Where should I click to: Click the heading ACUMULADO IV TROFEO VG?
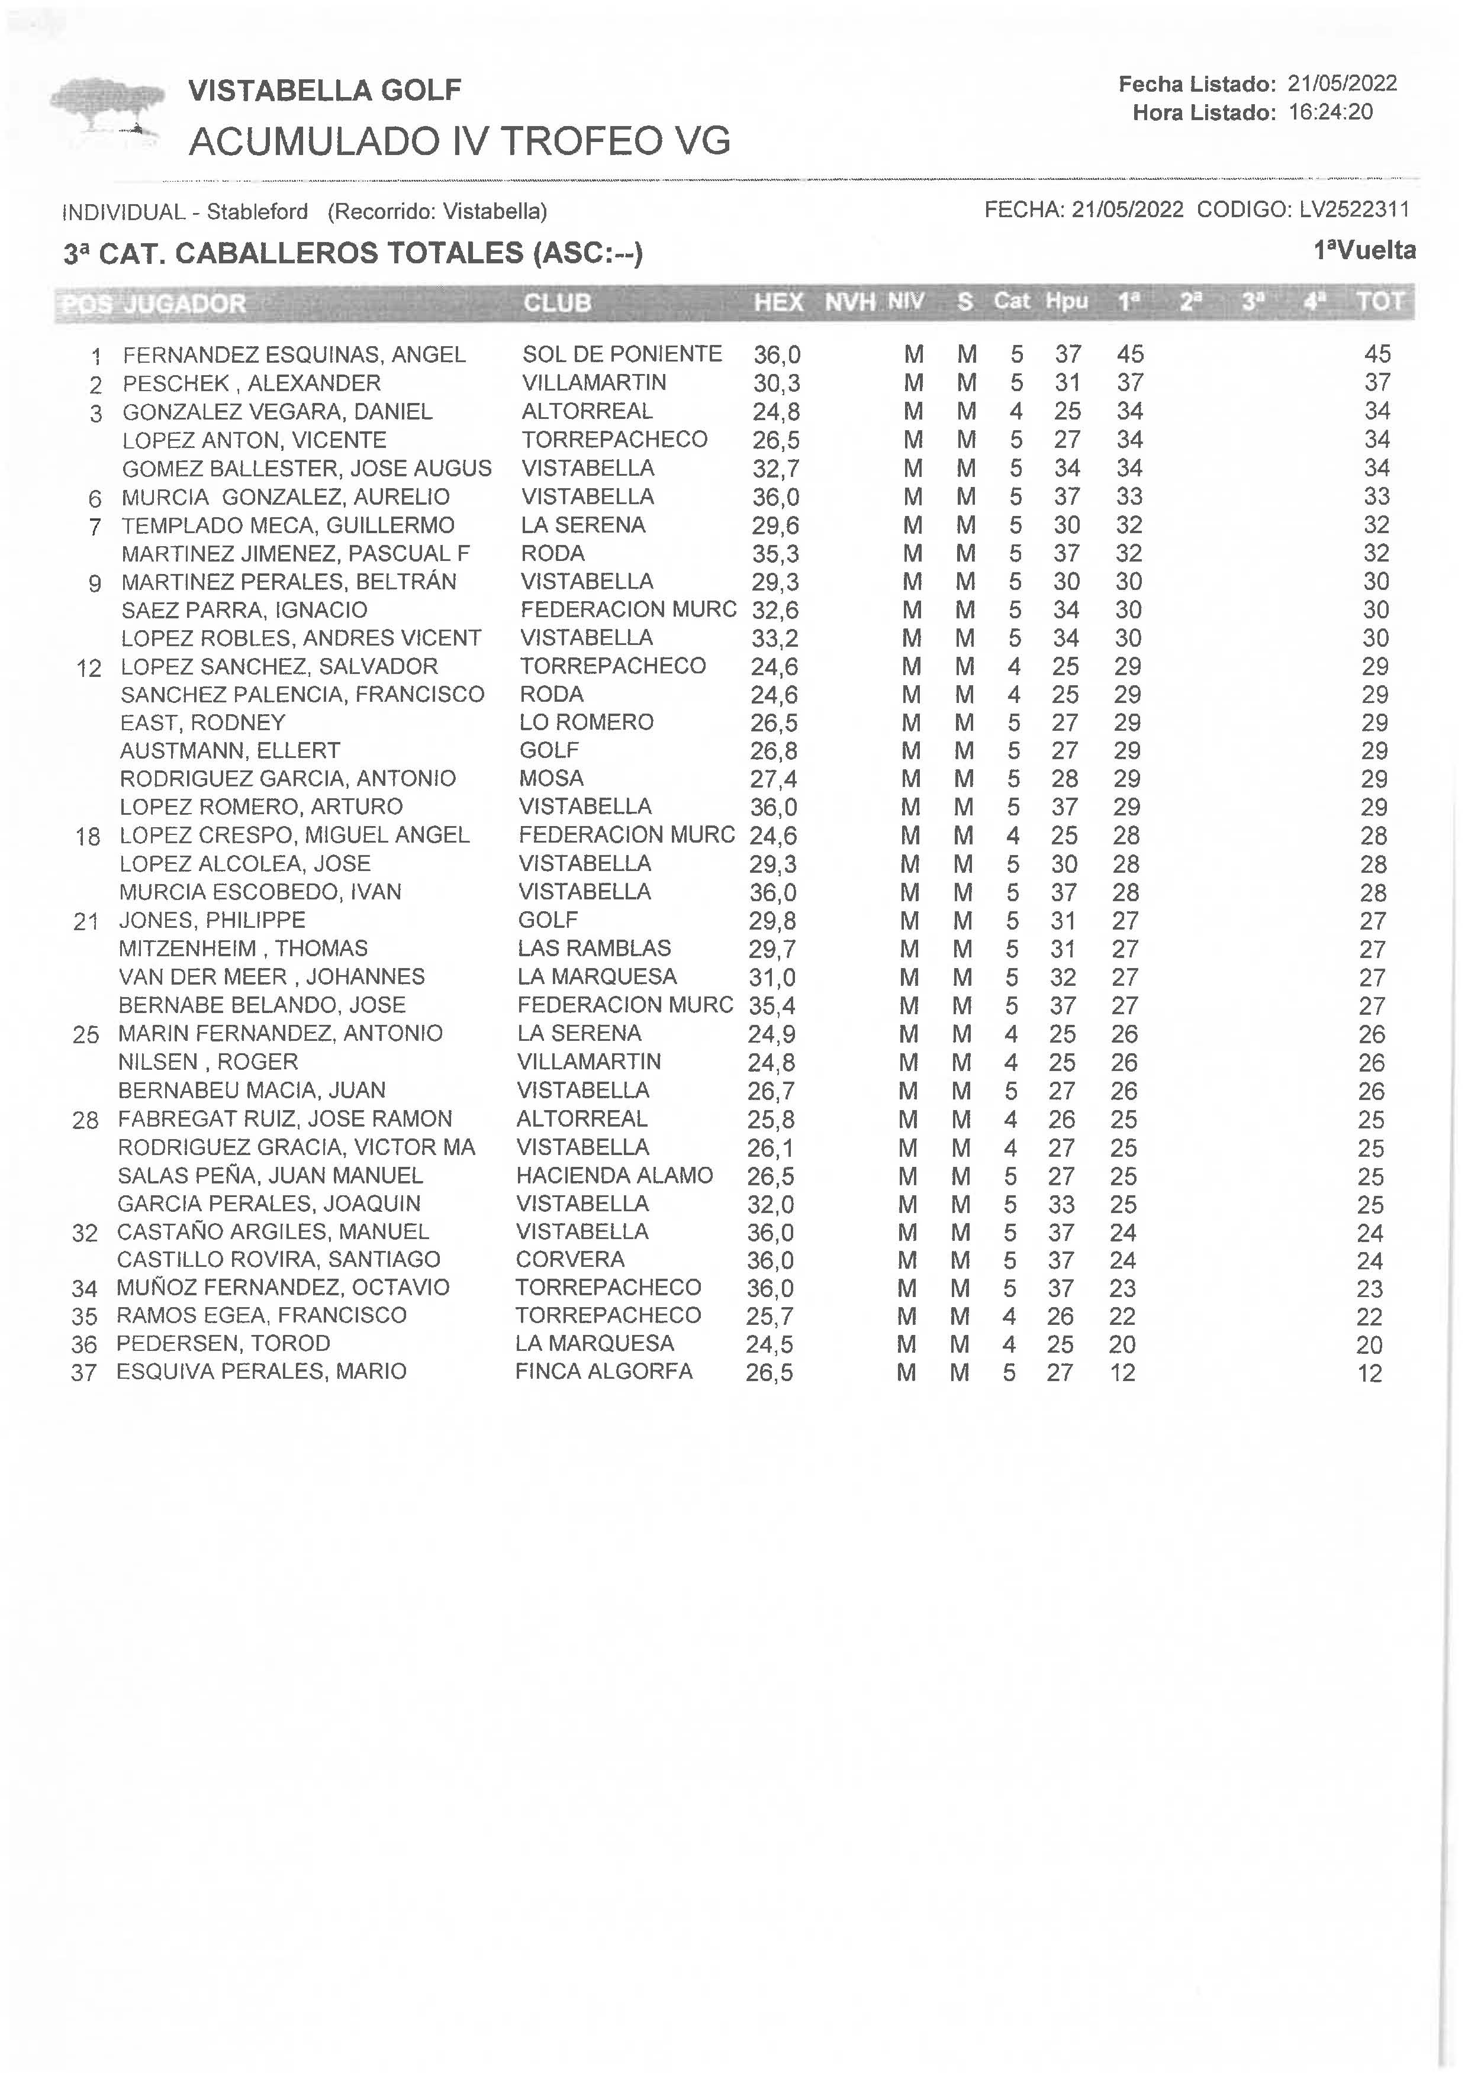(x=459, y=141)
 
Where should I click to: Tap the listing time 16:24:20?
(x=1331, y=112)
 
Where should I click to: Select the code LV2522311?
(x=1354, y=209)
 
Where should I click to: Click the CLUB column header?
(x=557, y=303)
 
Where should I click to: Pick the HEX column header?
(x=778, y=302)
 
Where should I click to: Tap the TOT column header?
(x=1379, y=302)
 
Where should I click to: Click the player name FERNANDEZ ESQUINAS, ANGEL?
(x=294, y=354)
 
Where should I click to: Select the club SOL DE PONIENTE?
(x=622, y=353)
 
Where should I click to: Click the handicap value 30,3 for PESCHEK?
(x=777, y=383)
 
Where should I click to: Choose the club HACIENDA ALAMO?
(x=614, y=1175)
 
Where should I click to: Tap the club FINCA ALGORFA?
(x=603, y=1371)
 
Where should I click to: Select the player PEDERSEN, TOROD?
(x=223, y=1343)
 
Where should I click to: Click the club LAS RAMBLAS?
(x=594, y=948)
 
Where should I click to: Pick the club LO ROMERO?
(x=586, y=722)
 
